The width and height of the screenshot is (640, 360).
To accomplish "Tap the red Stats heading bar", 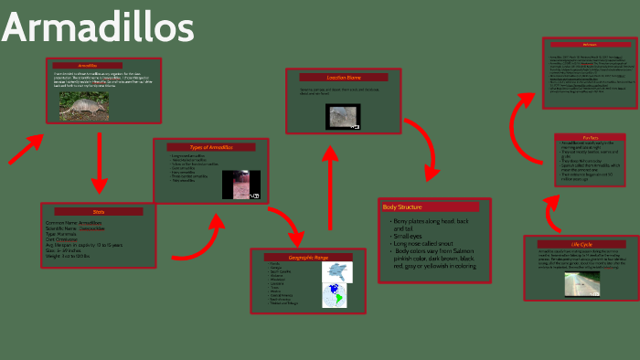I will pos(99,211).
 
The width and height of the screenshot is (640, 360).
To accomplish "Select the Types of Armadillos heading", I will pos(211,147).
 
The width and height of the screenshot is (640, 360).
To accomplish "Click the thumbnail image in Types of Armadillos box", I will pos(240,184).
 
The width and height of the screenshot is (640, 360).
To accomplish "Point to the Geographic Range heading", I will pos(302,258).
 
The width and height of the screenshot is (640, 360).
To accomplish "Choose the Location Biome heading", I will pos(344,78).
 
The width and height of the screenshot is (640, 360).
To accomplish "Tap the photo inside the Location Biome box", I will pos(345,116).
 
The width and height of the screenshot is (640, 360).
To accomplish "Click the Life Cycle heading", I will pos(581,244).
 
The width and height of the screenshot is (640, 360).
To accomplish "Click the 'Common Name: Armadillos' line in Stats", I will pos(74,222).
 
